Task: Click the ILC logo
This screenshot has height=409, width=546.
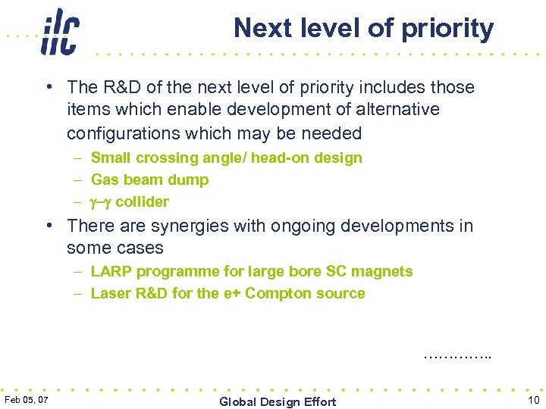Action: [60, 32]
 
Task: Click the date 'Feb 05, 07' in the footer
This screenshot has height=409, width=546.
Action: [27, 400]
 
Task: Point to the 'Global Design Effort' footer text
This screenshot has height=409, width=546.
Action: [278, 401]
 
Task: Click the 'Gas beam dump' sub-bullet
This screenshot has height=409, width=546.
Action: [149, 180]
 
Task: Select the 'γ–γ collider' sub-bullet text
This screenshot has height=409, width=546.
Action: [130, 201]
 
